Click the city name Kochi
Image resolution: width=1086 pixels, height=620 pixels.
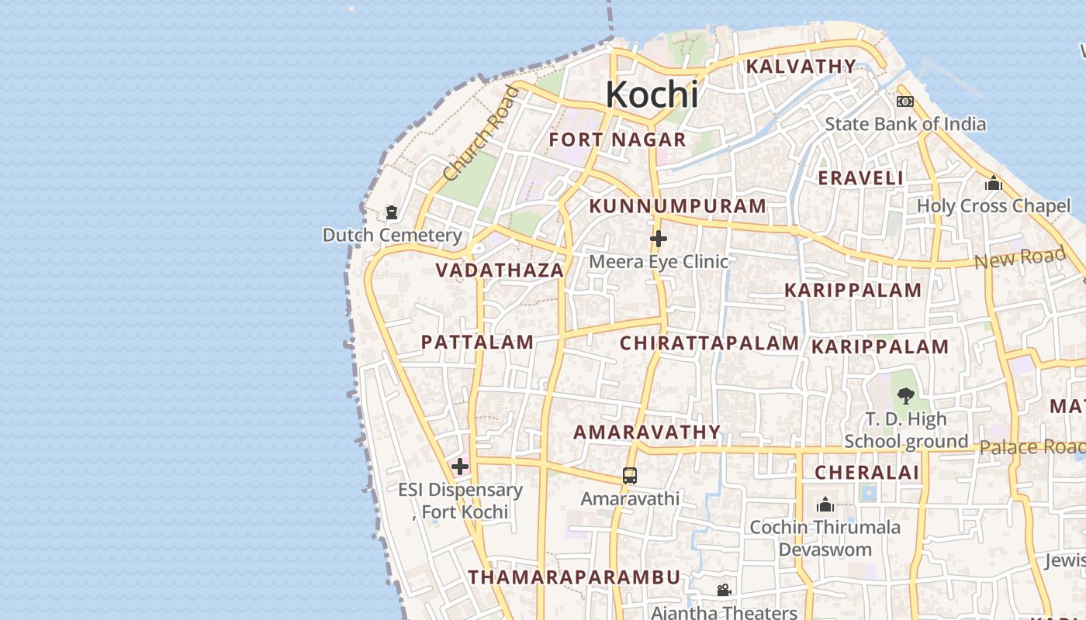coord(652,95)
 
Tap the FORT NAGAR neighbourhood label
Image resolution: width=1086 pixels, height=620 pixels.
coord(617,140)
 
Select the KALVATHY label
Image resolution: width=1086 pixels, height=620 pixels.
coord(801,67)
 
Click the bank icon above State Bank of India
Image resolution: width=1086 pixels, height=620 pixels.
coord(904,102)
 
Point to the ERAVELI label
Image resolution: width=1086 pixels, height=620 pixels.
coord(860,178)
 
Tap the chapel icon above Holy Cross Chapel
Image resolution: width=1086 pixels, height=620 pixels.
coord(993,184)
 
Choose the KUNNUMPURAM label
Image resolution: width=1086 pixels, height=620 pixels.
coord(677,206)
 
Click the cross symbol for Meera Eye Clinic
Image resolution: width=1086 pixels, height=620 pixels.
coord(659,238)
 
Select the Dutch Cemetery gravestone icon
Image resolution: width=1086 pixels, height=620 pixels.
coord(392,212)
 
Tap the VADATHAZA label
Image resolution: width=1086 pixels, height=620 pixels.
coord(500,270)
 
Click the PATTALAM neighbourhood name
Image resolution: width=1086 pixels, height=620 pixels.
coord(477,342)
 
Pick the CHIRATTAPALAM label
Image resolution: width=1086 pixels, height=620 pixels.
coord(709,343)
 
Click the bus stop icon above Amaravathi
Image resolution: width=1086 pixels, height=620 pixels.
coord(630,475)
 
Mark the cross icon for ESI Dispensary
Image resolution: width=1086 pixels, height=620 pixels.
coord(460,467)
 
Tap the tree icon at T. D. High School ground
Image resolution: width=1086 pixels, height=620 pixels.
coord(904,397)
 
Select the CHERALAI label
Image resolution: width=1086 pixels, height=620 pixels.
coord(866,473)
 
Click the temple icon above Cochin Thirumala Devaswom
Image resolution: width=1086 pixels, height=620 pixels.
coord(825,505)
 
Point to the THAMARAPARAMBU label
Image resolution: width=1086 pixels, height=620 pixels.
coord(574,577)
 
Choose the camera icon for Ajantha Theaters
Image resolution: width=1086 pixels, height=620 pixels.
coord(724,591)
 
